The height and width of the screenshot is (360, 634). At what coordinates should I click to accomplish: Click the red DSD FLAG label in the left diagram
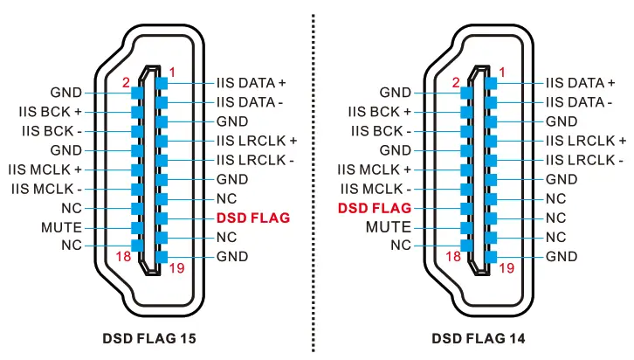[252, 218]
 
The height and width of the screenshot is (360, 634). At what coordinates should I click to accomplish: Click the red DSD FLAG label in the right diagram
[374, 208]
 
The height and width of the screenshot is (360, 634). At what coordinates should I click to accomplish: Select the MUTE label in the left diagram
[61, 227]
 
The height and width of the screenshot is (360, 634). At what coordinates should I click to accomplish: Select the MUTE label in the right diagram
[389, 227]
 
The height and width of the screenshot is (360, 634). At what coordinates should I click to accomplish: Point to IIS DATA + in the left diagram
[252, 83]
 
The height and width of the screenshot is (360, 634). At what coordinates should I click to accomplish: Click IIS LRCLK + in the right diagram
[585, 141]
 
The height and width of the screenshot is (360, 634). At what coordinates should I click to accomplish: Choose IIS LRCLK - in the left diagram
[255, 160]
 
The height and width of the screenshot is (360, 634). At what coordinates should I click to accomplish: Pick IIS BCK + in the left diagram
[50, 112]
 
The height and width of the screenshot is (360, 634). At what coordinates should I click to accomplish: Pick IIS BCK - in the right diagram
[379, 131]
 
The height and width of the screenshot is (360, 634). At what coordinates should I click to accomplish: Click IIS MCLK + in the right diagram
[374, 170]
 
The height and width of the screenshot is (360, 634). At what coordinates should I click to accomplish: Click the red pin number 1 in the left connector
[173, 71]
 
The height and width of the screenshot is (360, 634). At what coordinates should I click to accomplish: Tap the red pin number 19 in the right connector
[507, 268]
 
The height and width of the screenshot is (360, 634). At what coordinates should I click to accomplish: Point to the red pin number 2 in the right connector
[455, 83]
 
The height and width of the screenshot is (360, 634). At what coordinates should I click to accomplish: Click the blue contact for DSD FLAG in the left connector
[162, 218]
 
